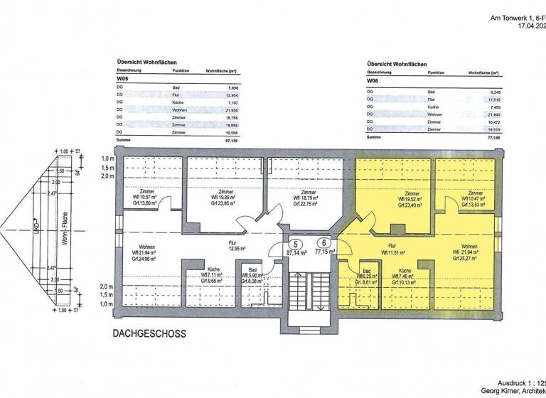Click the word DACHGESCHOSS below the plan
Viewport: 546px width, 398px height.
150,333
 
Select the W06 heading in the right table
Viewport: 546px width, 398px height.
373,82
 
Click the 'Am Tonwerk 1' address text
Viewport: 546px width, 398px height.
508,18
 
